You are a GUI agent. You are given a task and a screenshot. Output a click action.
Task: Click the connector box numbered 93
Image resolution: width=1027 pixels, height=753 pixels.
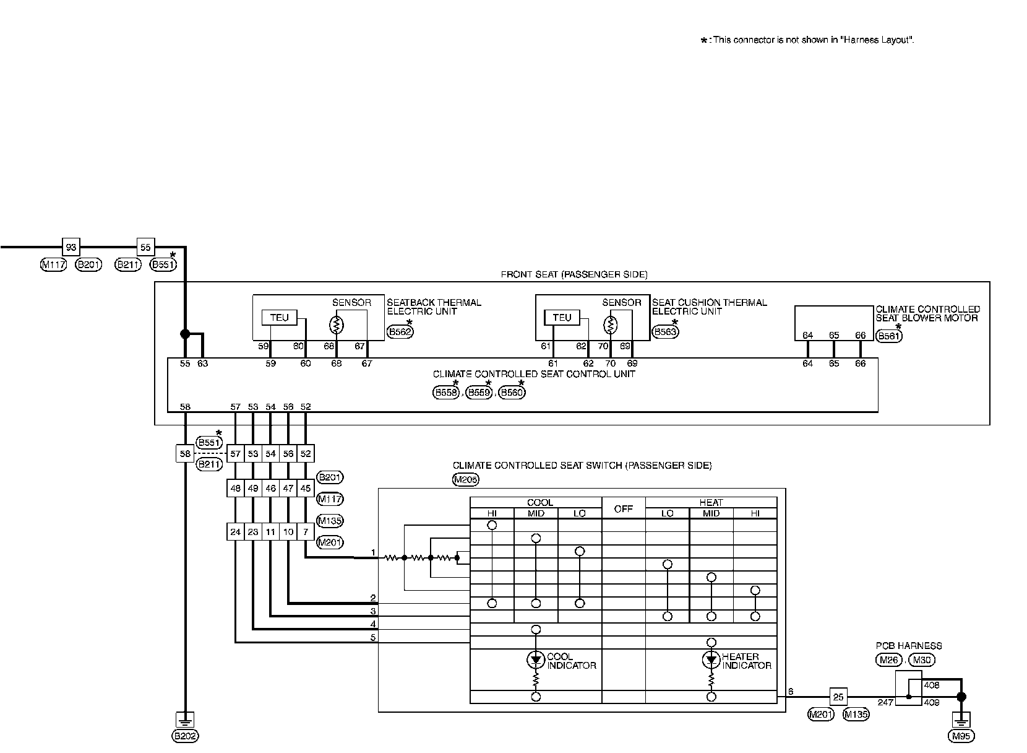[x=71, y=247]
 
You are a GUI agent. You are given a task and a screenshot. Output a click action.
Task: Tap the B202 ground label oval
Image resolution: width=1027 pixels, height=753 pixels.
[x=185, y=736]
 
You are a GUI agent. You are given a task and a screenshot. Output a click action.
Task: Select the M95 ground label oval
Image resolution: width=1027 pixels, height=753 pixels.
[x=961, y=736]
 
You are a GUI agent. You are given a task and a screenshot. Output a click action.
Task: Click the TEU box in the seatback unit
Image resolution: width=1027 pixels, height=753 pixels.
[x=280, y=318]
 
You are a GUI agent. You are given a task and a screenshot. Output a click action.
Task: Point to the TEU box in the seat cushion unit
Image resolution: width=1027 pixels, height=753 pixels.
[x=562, y=318]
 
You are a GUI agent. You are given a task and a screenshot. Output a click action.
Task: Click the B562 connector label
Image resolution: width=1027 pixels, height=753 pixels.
[x=400, y=332]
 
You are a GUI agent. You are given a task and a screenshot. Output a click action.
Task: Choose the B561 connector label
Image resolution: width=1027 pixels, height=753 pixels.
[x=889, y=336]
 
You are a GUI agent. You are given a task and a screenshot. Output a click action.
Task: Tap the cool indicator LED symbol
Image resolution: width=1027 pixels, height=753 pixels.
[x=536, y=660]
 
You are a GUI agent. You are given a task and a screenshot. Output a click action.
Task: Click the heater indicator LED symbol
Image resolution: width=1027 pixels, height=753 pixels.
[x=711, y=660]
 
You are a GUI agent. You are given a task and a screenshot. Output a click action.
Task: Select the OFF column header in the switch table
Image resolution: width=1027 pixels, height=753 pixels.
[x=623, y=508]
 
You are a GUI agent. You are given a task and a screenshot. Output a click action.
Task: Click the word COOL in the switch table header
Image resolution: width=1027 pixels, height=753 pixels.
[x=539, y=502]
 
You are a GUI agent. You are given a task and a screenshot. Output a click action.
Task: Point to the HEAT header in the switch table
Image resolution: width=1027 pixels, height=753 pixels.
[x=711, y=502]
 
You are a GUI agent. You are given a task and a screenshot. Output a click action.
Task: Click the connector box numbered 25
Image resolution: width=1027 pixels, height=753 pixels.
[x=838, y=697]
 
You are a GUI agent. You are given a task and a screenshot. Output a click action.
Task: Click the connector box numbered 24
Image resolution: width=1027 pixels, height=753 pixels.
[x=236, y=532]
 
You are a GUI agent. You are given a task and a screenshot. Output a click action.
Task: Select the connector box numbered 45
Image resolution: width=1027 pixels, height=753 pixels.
[x=306, y=488]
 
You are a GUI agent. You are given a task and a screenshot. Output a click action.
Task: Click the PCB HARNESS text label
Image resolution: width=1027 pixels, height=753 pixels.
[x=909, y=646]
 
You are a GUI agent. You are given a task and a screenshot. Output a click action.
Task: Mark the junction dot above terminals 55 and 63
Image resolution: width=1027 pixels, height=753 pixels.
[x=185, y=334]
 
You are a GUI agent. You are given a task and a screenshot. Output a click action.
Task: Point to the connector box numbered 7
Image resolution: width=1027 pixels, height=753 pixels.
[x=306, y=532]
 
